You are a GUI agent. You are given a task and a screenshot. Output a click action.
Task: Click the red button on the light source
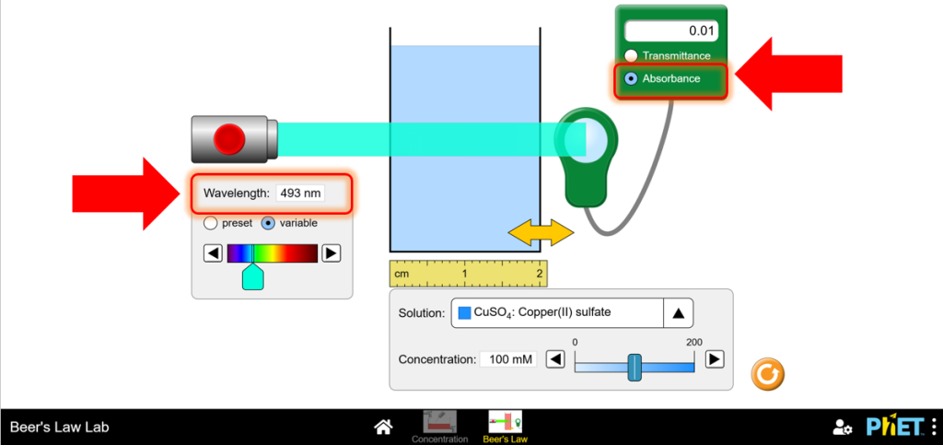tap(229, 139)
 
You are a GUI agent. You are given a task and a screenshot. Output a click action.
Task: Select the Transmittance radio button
tap(631, 55)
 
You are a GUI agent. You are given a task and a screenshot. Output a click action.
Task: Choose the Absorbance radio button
tap(631, 78)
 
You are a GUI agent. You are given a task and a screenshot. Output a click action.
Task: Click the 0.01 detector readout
tap(671, 30)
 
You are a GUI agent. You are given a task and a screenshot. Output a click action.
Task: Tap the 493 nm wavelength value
tap(300, 193)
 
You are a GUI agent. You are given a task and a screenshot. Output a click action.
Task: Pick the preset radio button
tap(210, 223)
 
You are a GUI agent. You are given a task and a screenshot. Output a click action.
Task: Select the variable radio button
tap(268, 223)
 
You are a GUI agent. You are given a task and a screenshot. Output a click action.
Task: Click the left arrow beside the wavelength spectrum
tap(213, 253)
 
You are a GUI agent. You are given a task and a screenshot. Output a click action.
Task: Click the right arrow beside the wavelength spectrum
tap(332, 253)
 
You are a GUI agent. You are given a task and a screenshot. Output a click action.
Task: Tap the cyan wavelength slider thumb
tap(252, 277)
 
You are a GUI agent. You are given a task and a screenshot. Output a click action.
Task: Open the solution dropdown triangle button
tap(679, 312)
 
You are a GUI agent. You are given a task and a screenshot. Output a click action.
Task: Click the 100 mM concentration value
tap(508, 359)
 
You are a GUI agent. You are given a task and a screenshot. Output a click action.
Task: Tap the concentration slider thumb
tap(634, 367)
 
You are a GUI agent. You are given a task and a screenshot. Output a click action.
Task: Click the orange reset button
tap(767, 375)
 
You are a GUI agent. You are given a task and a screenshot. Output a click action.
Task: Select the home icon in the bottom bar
tap(384, 427)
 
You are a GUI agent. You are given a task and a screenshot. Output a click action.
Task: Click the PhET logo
tap(895, 426)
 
